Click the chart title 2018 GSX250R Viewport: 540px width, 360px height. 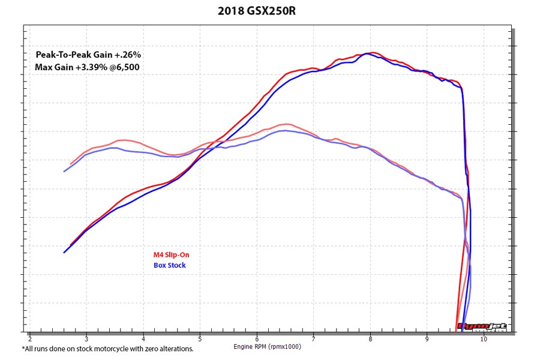269,11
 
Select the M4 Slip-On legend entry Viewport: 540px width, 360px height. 171,254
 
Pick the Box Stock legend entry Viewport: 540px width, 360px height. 170,265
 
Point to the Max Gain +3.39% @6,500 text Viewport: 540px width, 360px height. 88,67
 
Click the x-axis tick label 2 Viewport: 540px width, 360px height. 30,338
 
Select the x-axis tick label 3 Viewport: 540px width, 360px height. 86,338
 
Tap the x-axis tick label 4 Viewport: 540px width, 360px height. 143,338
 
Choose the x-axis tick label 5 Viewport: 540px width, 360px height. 200,338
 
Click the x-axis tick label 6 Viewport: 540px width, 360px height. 257,338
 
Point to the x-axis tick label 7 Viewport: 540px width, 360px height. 314,338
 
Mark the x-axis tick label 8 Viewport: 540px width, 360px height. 370,338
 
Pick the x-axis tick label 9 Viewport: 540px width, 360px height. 427,338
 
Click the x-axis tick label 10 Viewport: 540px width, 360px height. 484,338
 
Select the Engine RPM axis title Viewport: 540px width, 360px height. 266,346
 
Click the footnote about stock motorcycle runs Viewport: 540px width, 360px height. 108,348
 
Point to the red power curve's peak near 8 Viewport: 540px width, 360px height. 373,52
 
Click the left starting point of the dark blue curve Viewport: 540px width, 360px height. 64,253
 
